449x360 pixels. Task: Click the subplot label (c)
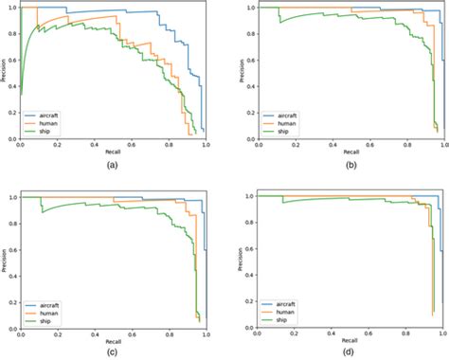113,351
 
